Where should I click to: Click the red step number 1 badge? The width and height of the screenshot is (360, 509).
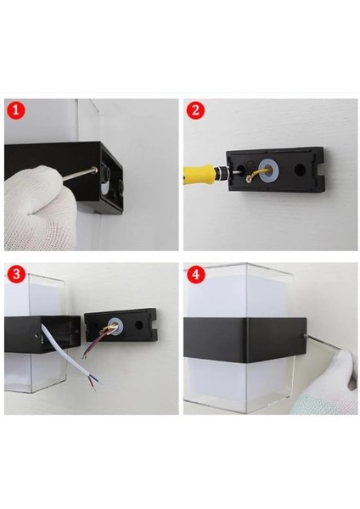click(x=16, y=110)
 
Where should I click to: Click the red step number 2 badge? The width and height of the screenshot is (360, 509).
click(x=195, y=110)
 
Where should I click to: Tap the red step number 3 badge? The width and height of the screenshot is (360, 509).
click(x=16, y=274)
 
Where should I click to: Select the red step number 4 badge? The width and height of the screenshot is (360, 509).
click(x=196, y=275)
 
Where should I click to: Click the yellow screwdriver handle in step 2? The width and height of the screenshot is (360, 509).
click(x=199, y=173)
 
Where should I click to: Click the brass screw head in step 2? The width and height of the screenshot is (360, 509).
click(x=250, y=177)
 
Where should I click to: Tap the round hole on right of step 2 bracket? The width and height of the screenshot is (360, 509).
click(x=300, y=169)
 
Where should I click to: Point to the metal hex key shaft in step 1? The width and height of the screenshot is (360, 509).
click(x=79, y=174)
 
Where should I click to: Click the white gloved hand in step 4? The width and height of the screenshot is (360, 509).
click(x=328, y=386)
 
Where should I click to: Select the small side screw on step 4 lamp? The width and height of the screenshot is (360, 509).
click(x=305, y=336)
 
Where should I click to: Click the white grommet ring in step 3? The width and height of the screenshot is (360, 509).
click(x=115, y=325)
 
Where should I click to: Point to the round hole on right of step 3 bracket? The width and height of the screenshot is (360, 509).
click(x=139, y=325)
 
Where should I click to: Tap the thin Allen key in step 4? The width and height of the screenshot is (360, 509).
click(x=323, y=343)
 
